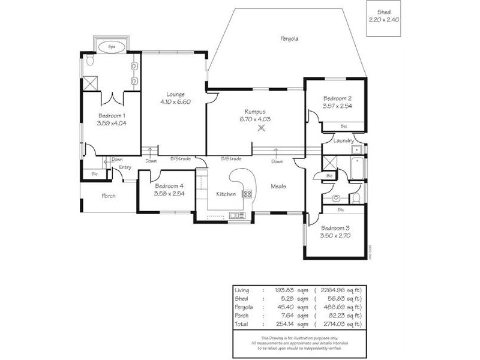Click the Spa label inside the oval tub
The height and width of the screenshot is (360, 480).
(111, 46)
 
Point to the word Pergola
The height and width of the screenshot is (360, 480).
(289, 38)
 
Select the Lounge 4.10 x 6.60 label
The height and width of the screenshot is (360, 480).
(175, 98)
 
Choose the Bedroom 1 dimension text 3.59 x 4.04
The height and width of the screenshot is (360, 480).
(112, 123)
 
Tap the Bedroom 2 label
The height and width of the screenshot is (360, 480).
(337, 98)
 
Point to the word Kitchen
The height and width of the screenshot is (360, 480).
(226, 194)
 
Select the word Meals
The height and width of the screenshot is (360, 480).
(278, 186)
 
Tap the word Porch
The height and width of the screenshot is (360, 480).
(109, 196)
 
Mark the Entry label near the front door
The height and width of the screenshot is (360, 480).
(125, 167)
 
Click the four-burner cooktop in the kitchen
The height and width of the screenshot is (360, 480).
(247, 194)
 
